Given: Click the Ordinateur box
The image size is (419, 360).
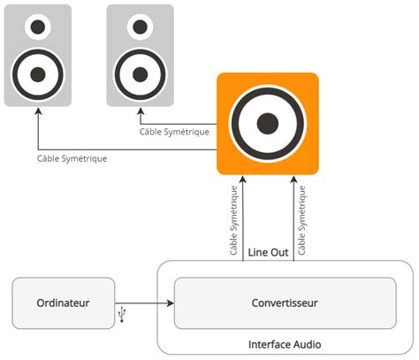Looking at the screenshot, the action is tap(64, 303).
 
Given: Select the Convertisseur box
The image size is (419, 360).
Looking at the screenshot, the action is tap(285, 303).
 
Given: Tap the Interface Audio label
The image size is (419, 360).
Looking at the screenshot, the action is tap(285, 344).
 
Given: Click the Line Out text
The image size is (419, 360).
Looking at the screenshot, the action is tap(268, 252).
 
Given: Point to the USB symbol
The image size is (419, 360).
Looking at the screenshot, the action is tap(122, 314).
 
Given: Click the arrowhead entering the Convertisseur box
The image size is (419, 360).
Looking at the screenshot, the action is tap(171, 303).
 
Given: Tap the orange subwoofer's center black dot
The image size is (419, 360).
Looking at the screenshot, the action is tap(268, 124).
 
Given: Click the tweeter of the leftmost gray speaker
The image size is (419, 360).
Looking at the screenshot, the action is tap(38, 27).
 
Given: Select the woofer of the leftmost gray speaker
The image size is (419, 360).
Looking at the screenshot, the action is tap(38, 74).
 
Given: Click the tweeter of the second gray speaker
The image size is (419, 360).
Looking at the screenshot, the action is tap(140, 27).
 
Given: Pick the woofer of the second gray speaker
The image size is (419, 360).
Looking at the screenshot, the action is tap(140, 74).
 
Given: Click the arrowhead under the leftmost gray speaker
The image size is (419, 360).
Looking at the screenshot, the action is tap(38, 111).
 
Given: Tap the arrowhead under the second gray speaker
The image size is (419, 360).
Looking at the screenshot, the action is tap(141, 111).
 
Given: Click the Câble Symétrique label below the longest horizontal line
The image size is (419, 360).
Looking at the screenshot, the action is tap(72, 158).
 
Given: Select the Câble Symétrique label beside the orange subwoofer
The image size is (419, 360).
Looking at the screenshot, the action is tap(174, 132).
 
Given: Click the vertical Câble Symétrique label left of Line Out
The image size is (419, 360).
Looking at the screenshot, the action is tap(233, 220).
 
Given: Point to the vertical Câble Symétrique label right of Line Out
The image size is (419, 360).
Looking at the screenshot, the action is tap(301, 220).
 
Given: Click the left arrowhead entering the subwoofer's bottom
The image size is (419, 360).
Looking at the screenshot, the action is tap(243, 180).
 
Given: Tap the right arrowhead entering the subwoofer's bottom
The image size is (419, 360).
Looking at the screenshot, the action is tap(293, 180).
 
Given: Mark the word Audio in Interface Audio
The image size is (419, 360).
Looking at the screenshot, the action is tap(307, 344).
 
